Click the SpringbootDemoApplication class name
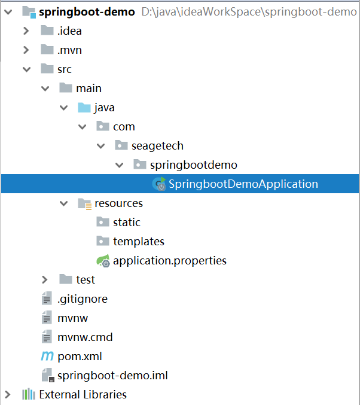click(x=243, y=184)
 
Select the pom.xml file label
click(x=80, y=357)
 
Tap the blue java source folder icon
click(x=84, y=108)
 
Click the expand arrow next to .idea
click(x=26, y=31)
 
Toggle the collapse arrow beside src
click(x=26, y=69)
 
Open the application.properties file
click(x=170, y=261)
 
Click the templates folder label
click(x=139, y=242)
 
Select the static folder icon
click(x=103, y=222)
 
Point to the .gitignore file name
click(x=83, y=299)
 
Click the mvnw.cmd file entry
click(x=85, y=337)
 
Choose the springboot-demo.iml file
click(x=112, y=376)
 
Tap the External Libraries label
click(x=83, y=395)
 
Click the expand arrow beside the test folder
click(x=45, y=280)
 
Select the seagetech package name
click(x=157, y=146)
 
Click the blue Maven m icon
click(x=47, y=356)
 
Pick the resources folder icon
click(x=85, y=204)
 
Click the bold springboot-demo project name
click(x=87, y=12)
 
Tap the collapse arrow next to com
click(x=82, y=127)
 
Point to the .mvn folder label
click(x=69, y=50)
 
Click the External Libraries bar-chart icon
click(x=29, y=394)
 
